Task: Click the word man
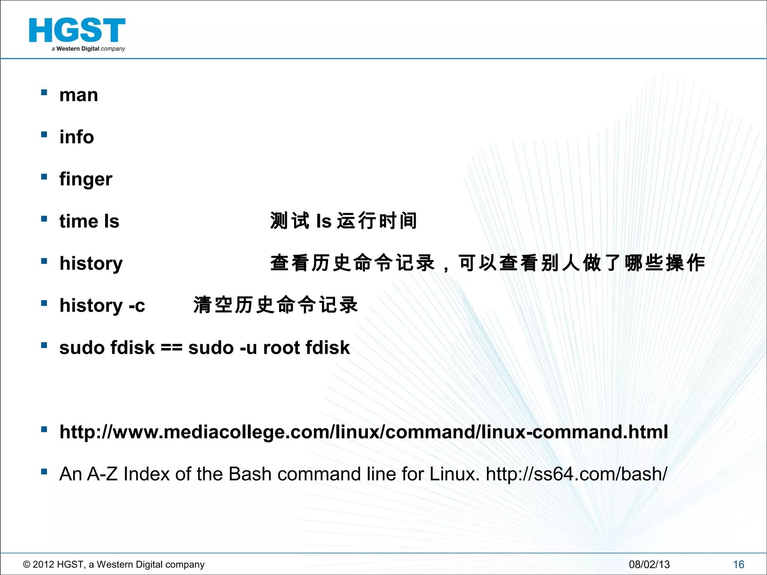[x=79, y=95]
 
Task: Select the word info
[x=76, y=137]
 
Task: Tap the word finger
[x=86, y=179]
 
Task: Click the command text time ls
[x=89, y=221]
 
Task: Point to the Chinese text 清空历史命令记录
[x=276, y=305]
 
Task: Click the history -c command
[x=102, y=305]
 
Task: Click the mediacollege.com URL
[x=363, y=432]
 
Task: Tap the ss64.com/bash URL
[x=576, y=474]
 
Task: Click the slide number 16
[x=739, y=565]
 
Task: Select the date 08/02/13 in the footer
[x=649, y=565]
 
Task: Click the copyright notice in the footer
[x=113, y=565]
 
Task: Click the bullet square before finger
[x=44, y=176]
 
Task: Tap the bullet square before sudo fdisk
[x=44, y=345]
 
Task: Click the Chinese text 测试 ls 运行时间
[x=343, y=221]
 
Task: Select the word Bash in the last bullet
[x=250, y=474]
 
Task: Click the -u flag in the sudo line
[x=248, y=348]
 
